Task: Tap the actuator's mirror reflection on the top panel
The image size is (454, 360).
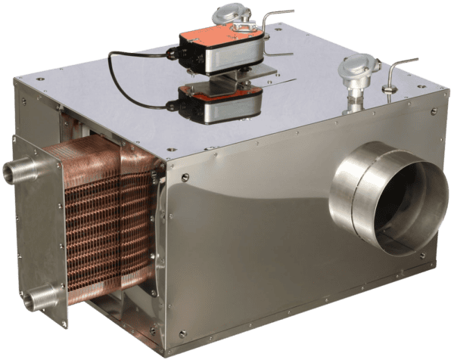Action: point(219,104)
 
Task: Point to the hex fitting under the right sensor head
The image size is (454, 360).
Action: point(353,97)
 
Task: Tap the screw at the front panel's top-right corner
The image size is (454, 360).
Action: point(434,112)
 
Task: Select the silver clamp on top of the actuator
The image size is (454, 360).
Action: point(241,28)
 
